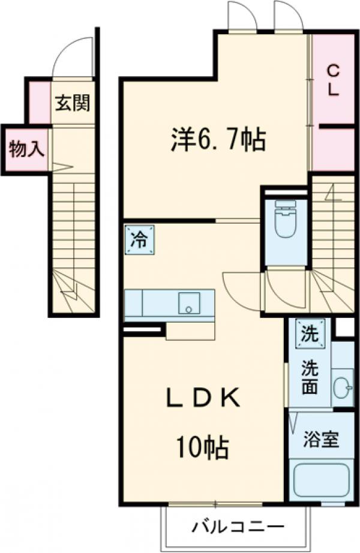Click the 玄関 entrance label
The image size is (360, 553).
[73, 103]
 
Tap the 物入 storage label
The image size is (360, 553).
[26, 149]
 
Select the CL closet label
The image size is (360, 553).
[334, 80]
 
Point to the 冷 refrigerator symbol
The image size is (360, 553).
[139, 240]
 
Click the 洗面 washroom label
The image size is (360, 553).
[310, 375]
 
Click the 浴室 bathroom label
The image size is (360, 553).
[320, 439]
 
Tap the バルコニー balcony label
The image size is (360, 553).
[239, 527]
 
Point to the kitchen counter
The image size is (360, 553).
[169, 303]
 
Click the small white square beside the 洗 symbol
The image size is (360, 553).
[343, 328]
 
